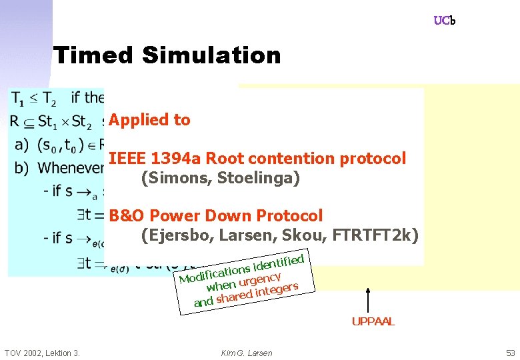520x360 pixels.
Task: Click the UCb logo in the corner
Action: (x=444, y=21)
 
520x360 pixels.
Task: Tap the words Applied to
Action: (x=149, y=120)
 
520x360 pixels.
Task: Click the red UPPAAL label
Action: (x=373, y=321)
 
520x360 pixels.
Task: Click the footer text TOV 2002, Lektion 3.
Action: (x=41, y=353)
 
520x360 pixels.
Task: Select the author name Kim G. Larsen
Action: (x=247, y=353)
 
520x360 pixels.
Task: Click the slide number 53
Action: (x=510, y=353)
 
